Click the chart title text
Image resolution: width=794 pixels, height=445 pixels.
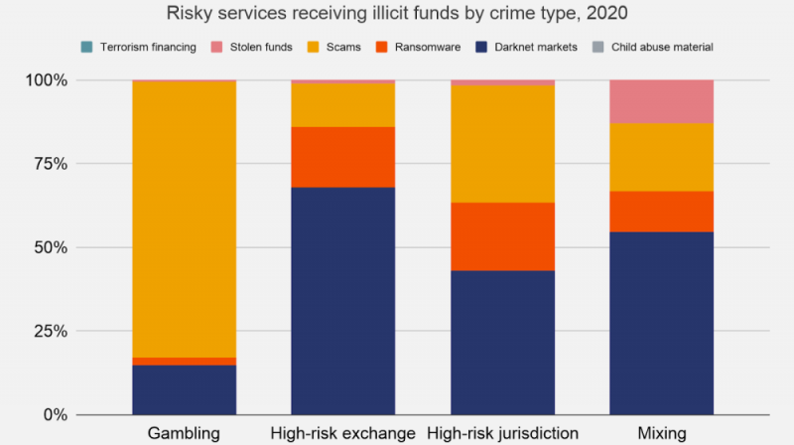[397, 15]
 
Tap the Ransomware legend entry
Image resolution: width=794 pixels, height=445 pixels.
[438, 47]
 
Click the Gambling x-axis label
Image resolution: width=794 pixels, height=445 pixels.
[184, 434]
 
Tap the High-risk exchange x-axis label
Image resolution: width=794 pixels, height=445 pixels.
[342, 434]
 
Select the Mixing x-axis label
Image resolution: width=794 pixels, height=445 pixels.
[661, 434]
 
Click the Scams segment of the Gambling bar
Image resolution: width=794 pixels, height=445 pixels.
[184, 219]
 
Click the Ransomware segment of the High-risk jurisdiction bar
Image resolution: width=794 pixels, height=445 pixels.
[502, 236]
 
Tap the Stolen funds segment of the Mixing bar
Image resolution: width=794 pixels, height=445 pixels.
[661, 101]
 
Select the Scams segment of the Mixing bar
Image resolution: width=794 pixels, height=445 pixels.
[661, 157]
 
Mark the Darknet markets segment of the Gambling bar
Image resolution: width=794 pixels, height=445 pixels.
[184, 389]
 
